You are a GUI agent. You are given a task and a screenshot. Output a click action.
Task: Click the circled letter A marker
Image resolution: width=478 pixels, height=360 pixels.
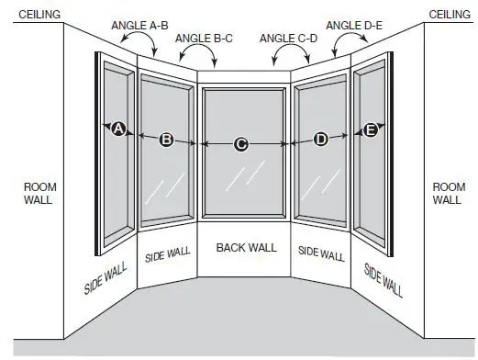pos(117,129)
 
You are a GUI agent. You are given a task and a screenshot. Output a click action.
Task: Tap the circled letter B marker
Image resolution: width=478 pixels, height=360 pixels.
pos(166,140)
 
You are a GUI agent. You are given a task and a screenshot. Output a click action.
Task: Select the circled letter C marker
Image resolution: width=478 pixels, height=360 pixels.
pos(241,143)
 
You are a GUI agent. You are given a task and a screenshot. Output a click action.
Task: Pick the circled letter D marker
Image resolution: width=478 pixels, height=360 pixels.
pos(320,140)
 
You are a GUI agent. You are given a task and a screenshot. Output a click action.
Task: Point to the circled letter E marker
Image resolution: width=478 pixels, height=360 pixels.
pos(371,130)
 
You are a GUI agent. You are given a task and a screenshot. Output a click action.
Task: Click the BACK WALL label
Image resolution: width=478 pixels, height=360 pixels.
pos(246,248)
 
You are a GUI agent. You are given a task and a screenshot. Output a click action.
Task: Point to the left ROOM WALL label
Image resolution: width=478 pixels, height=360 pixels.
pos(39,194)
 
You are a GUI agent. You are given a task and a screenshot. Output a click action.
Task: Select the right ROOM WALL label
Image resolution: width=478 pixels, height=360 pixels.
pos(447,194)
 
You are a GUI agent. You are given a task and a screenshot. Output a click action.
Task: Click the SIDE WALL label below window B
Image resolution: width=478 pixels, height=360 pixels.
pos(166,253)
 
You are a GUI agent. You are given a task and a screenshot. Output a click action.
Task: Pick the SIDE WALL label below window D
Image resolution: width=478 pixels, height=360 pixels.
pos(321,253)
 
